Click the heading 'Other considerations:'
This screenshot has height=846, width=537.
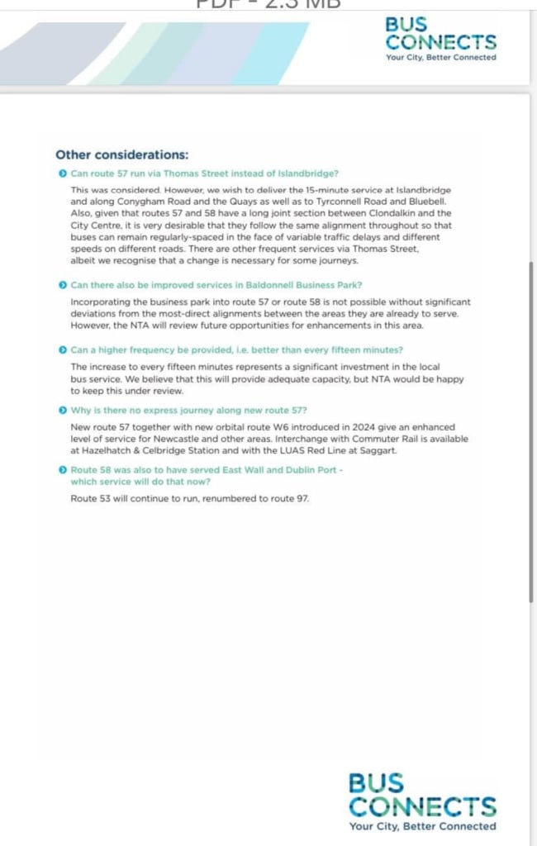[121, 154]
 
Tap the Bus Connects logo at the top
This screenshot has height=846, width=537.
[440, 34]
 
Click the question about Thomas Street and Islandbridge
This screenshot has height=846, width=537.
[204, 173]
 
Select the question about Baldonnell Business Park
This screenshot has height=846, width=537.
[216, 285]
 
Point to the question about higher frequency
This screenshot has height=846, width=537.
[236, 350]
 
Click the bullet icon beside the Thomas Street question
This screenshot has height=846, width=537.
[63, 173]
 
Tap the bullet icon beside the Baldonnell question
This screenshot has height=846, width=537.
[63, 285]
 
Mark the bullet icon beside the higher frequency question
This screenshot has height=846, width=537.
[63, 350]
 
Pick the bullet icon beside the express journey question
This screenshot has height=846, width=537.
[63, 410]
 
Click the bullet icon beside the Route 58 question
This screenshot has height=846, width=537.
[63, 469]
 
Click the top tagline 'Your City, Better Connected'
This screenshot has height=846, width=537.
[440, 58]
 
